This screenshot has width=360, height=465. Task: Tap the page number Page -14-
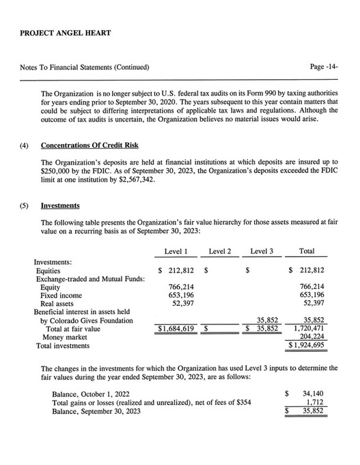(324, 68)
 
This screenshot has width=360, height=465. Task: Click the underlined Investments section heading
(59, 205)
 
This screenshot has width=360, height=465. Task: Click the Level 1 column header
(177, 251)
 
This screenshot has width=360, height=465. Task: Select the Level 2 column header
(219, 251)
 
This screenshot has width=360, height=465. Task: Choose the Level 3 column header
(262, 251)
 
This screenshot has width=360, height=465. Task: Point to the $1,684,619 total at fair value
(176, 328)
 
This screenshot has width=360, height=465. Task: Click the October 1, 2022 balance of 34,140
(318, 395)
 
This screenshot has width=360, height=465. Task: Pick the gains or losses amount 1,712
(322, 403)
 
